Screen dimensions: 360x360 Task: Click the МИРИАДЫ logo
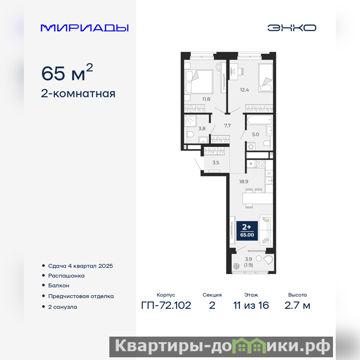pos(85,28)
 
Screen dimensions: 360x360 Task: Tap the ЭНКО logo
pos(292,28)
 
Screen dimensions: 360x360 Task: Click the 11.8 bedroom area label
pos(206,99)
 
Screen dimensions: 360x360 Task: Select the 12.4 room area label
pos(244,90)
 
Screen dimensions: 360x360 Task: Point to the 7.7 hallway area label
pos(227,126)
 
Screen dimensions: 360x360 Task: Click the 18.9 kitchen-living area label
pos(243,181)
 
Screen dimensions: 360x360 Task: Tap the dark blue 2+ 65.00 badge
pos(247,230)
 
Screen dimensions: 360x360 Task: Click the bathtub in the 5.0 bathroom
pos(260,120)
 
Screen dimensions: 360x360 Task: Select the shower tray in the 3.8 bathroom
pos(190,121)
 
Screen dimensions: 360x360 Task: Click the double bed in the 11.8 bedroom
pos(199,81)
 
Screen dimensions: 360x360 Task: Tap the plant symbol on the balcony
pos(236,266)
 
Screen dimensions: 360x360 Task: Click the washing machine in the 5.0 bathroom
pos(251,146)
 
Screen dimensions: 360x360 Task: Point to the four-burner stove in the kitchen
pos(261,164)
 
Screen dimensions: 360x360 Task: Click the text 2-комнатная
pos(78,94)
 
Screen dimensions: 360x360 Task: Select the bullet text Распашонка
pos(66,275)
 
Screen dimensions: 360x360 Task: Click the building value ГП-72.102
pos(166,306)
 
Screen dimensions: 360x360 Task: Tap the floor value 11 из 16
pos(251,306)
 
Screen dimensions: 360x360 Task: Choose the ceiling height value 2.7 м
pos(297,306)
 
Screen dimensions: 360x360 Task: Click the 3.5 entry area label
pos(216,162)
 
